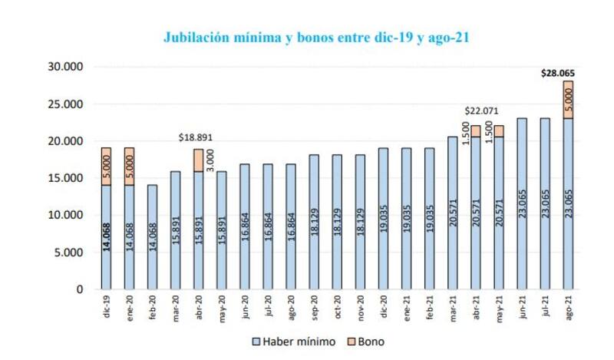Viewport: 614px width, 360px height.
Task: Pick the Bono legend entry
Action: (364, 342)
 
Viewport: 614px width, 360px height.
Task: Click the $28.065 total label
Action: (558, 74)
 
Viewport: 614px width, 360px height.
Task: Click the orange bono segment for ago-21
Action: (568, 100)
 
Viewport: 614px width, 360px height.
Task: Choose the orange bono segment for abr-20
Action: (199, 160)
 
